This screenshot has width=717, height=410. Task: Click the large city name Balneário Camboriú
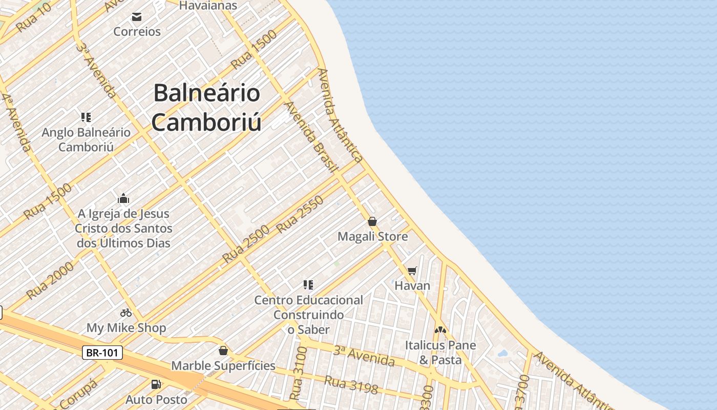tap(206, 108)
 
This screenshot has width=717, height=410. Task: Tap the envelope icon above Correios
tap(137, 17)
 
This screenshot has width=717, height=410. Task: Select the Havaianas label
tap(208, 6)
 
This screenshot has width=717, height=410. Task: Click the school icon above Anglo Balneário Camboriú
tap(86, 117)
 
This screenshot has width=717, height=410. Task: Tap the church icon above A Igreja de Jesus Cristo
tap(123, 198)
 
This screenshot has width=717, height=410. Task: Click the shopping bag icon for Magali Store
tap(372, 221)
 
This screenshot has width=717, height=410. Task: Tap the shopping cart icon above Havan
tap(412, 271)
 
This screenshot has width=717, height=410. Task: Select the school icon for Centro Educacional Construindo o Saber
tap(308, 284)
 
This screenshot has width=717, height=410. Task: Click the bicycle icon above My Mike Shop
tap(126, 312)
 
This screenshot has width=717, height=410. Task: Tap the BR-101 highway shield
tap(102, 353)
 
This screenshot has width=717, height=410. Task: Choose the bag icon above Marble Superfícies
tap(223, 351)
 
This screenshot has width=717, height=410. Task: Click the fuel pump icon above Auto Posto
tap(156, 384)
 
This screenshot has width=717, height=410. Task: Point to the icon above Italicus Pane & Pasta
tap(440, 330)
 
